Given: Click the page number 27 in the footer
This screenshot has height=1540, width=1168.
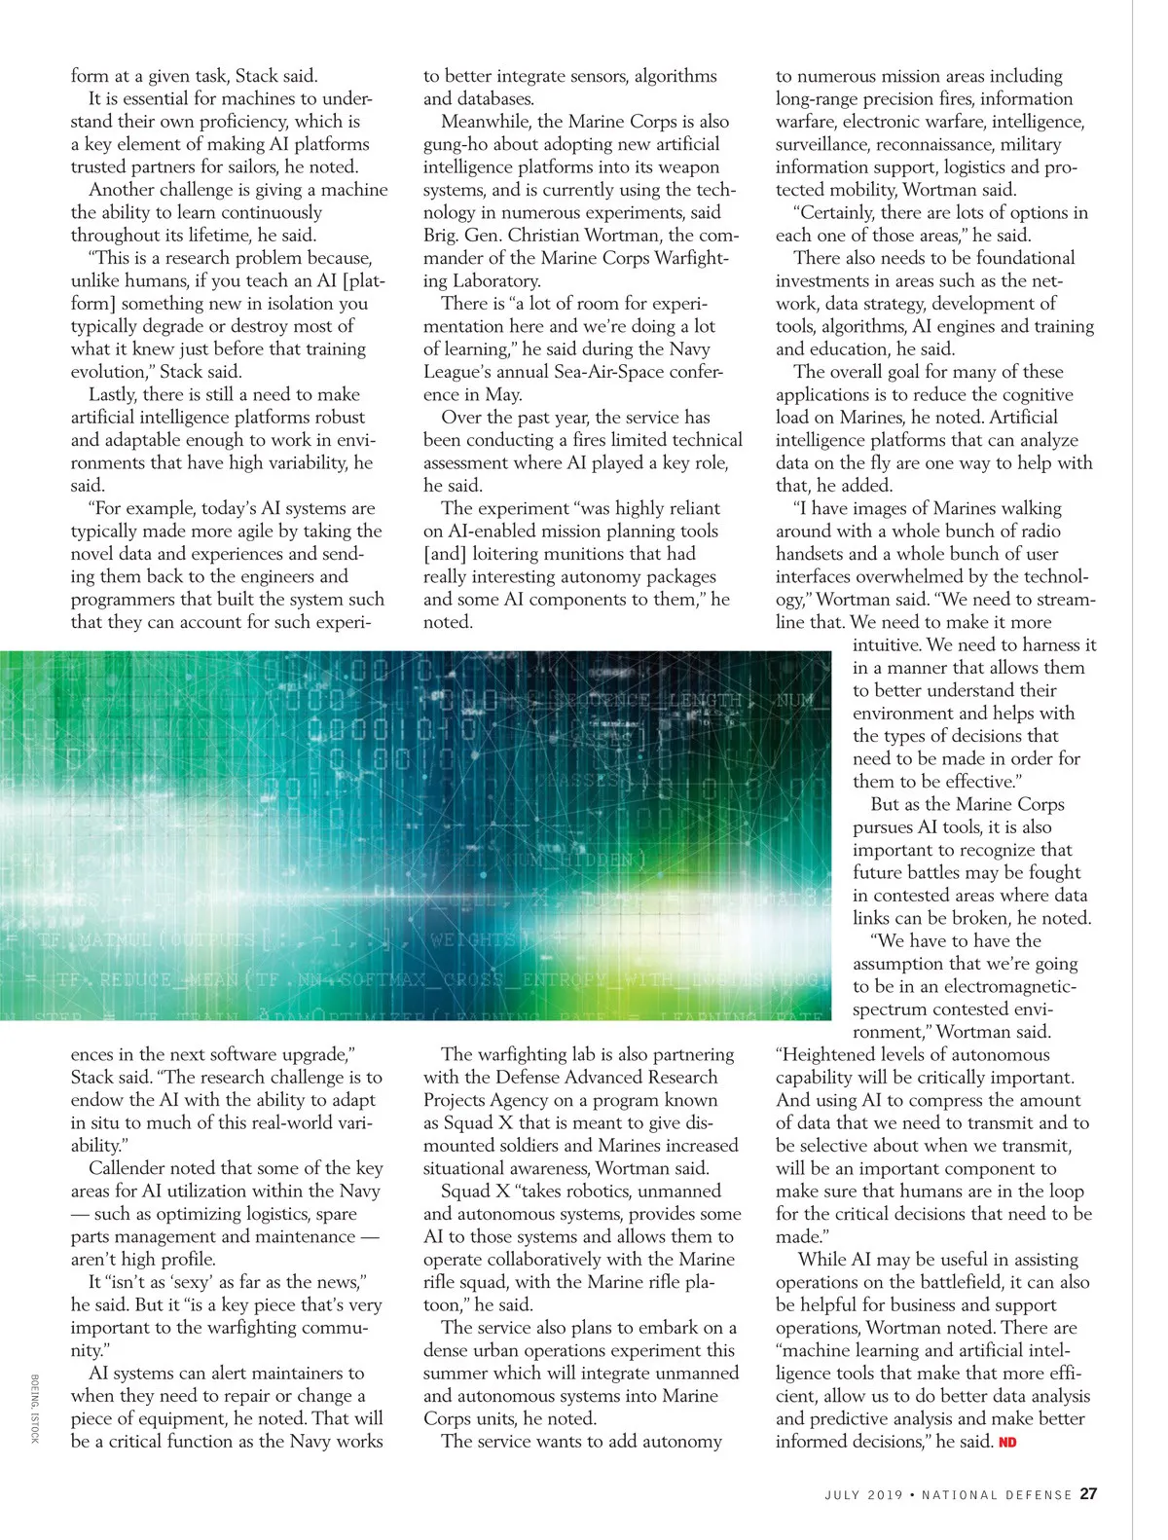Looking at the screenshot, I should (x=1089, y=1494).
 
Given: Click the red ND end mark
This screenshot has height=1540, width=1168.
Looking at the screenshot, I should (x=1007, y=1442).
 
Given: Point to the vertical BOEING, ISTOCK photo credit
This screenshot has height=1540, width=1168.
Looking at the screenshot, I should (x=35, y=1409).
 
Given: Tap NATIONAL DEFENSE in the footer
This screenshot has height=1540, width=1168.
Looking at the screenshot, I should (x=997, y=1495).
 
